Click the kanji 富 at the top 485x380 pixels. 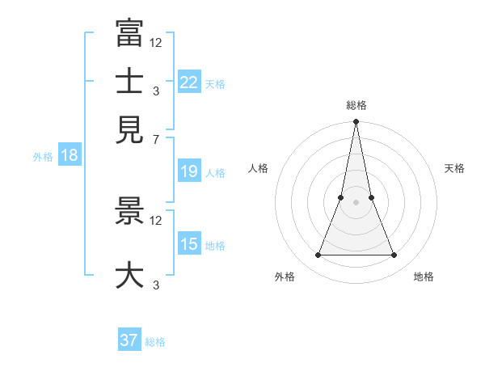tap(129, 32)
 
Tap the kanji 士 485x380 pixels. tap(129, 81)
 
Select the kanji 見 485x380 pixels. tap(129, 129)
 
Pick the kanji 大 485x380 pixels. tap(129, 275)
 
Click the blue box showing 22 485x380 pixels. tap(189, 82)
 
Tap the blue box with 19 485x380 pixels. tap(189, 171)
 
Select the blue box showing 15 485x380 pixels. tap(189, 244)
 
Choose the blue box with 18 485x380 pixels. tap(69, 156)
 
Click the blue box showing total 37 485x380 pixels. tap(129, 340)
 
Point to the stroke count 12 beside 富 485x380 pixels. tap(156, 42)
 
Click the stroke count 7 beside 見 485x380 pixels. tap(155, 140)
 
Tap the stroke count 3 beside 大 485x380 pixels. tap(155, 285)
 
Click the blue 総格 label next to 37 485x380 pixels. tap(155, 342)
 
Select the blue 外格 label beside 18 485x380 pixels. tap(43, 157)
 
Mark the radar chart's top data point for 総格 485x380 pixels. tap(356, 122)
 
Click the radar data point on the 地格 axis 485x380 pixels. tap(394, 255)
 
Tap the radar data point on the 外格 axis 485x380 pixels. tap(318, 255)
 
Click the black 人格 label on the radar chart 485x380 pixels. tap(258, 168)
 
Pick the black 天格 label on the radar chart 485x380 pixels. tap(455, 168)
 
